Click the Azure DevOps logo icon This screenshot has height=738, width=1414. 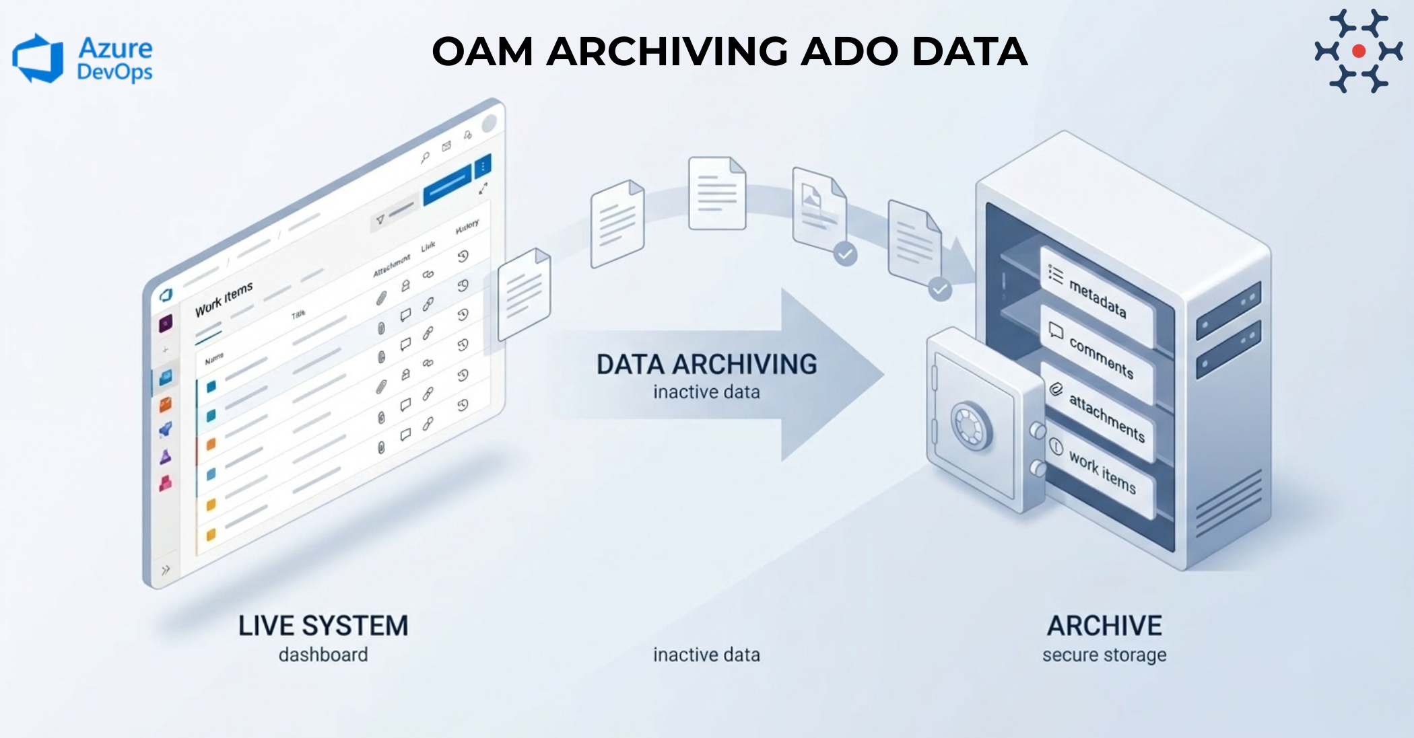pyautogui.click(x=38, y=59)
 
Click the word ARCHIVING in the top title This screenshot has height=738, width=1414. pyautogui.click(x=666, y=52)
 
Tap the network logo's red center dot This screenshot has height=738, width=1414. pyautogui.click(x=1358, y=51)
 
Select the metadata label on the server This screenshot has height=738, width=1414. pyautogui.click(x=1097, y=298)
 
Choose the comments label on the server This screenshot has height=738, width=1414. pyautogui.click(x=1100, y=357)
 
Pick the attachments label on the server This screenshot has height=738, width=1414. pyautogui.click(x=1106, y=418)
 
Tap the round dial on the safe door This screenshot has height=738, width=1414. pyautogui.click(x=971, y=427)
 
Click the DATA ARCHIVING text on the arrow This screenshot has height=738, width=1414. pyautogui.click(x=706, y=364)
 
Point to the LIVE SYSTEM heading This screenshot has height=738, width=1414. pyautogui.click(x=323, y=626)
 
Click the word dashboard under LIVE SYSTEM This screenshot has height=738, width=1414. pyautogui.click(x=323, y=655)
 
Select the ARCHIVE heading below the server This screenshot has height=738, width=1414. pyautogui.click(x=1104, y=626)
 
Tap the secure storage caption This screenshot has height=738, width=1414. pyautogui.click(x=1104, y=655)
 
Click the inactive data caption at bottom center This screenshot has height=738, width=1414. pyautogui.click(x=706, y=655)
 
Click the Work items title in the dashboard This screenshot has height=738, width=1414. pyautogui.click(x=224, y=299)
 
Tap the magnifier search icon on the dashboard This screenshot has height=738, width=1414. pyautogui.click(x=425, y=158)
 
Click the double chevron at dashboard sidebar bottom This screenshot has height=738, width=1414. pyautogui.click(x=166, y=570)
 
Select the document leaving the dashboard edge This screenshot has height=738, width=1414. pyautogui.click(x=524, y=294)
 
